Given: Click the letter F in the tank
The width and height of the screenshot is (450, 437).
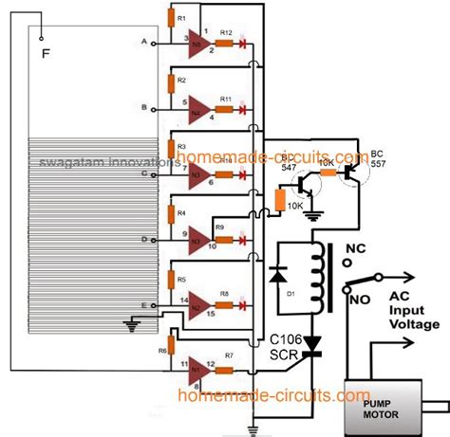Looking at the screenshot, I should [x=46, y=50].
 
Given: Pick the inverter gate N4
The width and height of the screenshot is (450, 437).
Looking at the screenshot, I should [x=199, y=107].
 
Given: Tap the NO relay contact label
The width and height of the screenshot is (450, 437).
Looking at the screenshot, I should [x=358, y=300].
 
